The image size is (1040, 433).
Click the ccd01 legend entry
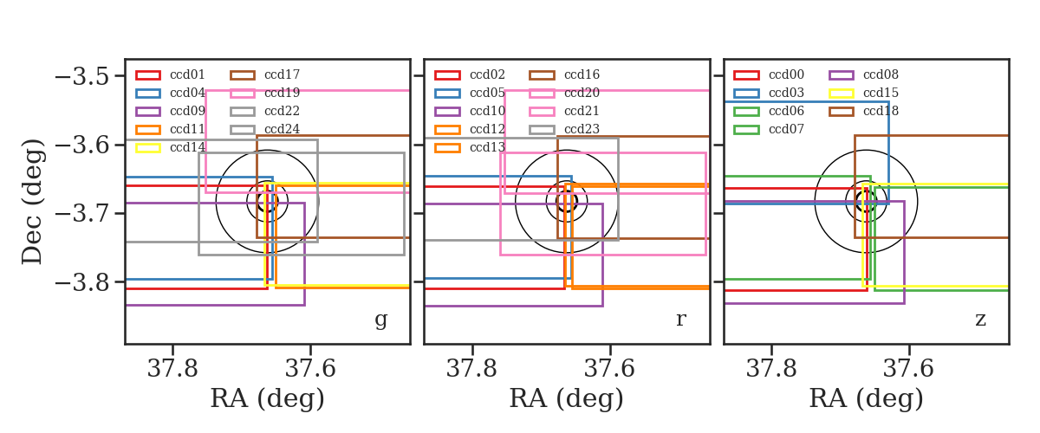[x=171, y=74]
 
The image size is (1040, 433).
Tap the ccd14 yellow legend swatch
[x=148, y=147]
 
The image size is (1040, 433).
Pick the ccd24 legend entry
[x=265, y=129]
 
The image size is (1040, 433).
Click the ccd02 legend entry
[x=470, y=74]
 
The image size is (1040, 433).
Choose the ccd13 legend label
[x=487, y=147]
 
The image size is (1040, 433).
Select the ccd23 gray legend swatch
[x=542, y=130]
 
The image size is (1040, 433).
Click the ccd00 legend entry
[x=769, y=74]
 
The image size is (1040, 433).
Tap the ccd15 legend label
[x=881, y=93]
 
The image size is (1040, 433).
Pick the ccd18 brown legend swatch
[x=841, y=112]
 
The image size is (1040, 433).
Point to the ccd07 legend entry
[x=769, y=129]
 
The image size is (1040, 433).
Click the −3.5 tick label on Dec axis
[x=82, y=76]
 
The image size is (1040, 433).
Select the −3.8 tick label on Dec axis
[x=82, y=282]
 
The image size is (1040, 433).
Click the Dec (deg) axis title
[x=33, y=202]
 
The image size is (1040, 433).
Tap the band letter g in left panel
[x=380, y=320]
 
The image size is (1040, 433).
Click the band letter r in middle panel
[x=681, y=319]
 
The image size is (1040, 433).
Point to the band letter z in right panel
[x=980, y=320]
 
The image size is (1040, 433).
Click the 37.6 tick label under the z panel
[x=908, y=369]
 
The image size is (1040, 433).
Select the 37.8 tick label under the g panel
[x=172, y=369]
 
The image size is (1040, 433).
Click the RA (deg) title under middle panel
[x=567, y=398]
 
